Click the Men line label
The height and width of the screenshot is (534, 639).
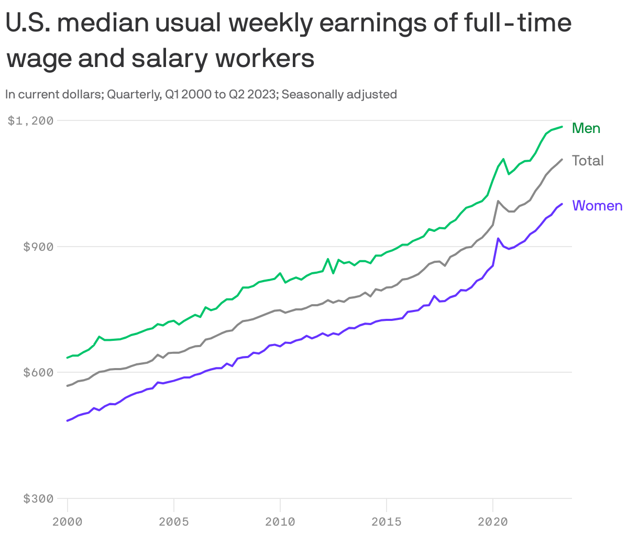[x=586, y=128]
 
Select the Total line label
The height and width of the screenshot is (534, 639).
[x=588, y=161]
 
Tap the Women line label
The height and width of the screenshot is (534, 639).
[x=597, y=206]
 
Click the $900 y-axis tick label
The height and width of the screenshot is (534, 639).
[x=38, y=247]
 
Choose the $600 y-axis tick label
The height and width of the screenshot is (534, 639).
[x=38, y=373]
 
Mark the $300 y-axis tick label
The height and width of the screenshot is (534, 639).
[x=38, y=499]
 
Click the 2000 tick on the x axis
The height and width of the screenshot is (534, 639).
[x=68, y=521]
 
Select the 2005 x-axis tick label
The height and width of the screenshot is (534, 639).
[x=173, y=521]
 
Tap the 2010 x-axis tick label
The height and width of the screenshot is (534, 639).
[x=280, y=521]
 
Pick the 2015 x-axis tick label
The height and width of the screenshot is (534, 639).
[x=386, y=521]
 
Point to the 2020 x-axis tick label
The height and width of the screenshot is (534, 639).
[x=492, y=521]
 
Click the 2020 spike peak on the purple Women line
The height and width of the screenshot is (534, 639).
[x=498, y=238]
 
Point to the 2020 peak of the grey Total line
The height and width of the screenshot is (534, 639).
[x=498, y=201]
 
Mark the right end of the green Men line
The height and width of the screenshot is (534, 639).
[x=562, y=127]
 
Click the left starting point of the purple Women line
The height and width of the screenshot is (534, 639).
[x=68, y=420]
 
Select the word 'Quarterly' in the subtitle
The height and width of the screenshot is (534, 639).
[x=133, y=95]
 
